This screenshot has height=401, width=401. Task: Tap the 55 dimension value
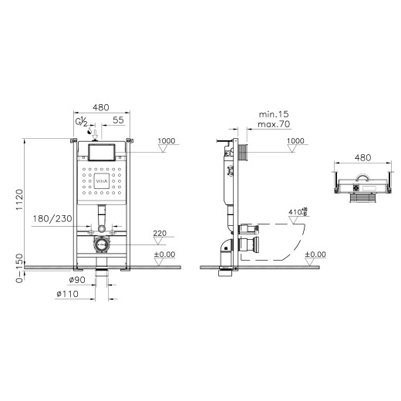[118, 121]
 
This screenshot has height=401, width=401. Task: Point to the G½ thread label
[80, 122]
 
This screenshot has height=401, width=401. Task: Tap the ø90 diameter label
[75, 279]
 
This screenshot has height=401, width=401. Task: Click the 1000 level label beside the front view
[167, 141]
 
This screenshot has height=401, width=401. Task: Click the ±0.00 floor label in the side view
[315, 254]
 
